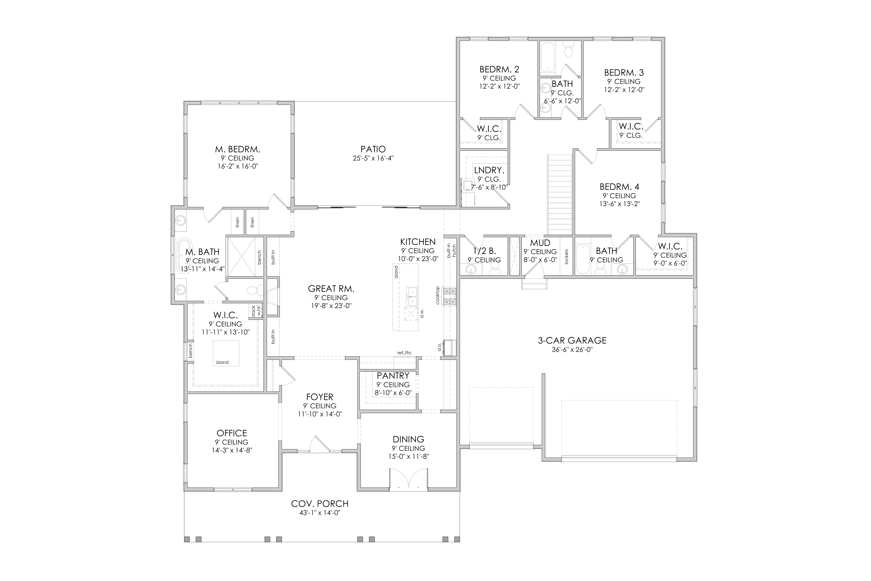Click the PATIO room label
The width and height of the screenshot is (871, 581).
373,149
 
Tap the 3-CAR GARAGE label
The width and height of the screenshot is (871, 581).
572,340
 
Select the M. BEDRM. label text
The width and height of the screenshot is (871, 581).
237,149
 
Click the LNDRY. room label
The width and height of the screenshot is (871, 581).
489,170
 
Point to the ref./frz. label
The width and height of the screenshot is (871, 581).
405,353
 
